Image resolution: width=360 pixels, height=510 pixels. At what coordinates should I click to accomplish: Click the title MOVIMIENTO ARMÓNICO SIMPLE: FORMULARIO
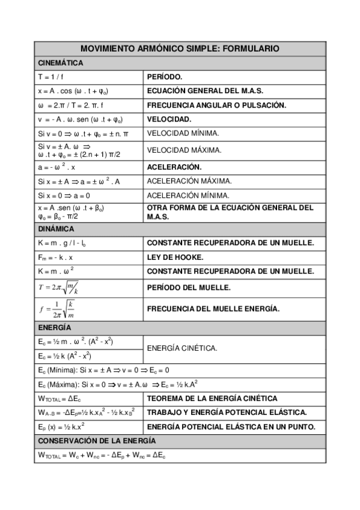180,49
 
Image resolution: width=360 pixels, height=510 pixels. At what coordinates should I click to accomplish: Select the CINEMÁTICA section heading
60,63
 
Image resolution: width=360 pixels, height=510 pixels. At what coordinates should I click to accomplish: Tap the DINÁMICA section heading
56,229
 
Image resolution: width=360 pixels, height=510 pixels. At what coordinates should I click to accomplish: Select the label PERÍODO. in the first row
165,77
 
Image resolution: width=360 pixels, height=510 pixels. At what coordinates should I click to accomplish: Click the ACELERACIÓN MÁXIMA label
189,181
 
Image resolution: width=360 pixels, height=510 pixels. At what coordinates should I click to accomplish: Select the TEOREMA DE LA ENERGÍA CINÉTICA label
212,398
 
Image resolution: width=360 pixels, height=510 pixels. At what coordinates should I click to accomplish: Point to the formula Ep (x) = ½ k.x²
61,427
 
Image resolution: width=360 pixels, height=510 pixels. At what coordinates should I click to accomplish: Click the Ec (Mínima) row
103,370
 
